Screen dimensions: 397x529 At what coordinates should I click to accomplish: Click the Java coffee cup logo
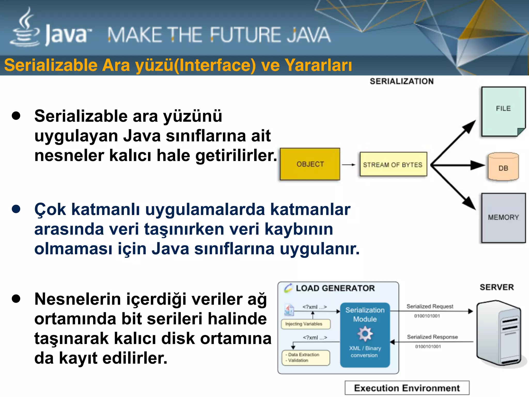[x=25, y=28]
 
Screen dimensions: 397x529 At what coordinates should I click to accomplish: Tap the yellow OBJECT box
[x=310, y=164]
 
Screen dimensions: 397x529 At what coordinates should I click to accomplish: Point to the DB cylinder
[x=503, y=167]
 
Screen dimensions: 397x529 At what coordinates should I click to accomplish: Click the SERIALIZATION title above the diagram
[x=402, y=81]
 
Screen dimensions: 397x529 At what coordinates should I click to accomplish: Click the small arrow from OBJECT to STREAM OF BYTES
[x=349, y=165]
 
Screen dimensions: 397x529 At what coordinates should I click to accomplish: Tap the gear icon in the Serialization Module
[x=365, y=334]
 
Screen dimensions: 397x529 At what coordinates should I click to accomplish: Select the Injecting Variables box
[x=306, y=324]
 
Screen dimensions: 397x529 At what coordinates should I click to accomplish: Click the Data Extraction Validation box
[x=306, y=358]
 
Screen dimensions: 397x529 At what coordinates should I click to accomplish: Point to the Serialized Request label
[x=430, y=307]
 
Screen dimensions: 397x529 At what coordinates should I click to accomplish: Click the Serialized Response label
[x=432, y=337]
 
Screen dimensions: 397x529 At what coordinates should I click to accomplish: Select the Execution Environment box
[x=407, y=388]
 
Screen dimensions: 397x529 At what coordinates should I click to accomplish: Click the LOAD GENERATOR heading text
[x=335, y=288]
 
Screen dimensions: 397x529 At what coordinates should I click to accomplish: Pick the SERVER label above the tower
[x=497, y=287]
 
